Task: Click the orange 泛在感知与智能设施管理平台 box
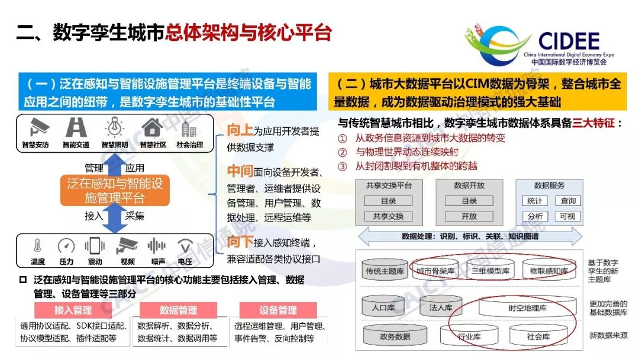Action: (115, 191)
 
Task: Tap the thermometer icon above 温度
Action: (37, 246)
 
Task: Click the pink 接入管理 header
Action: (73, 310)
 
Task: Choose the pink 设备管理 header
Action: (278, 310)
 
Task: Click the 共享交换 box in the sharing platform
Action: (388, 217)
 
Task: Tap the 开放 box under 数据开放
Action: (469, 217)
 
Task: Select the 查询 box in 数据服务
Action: (568, 201)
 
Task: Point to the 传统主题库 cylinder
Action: (384, 271)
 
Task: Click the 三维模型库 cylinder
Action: (490, 271)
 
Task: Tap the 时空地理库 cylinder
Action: (527, 307)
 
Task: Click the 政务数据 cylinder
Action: (395, 336)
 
